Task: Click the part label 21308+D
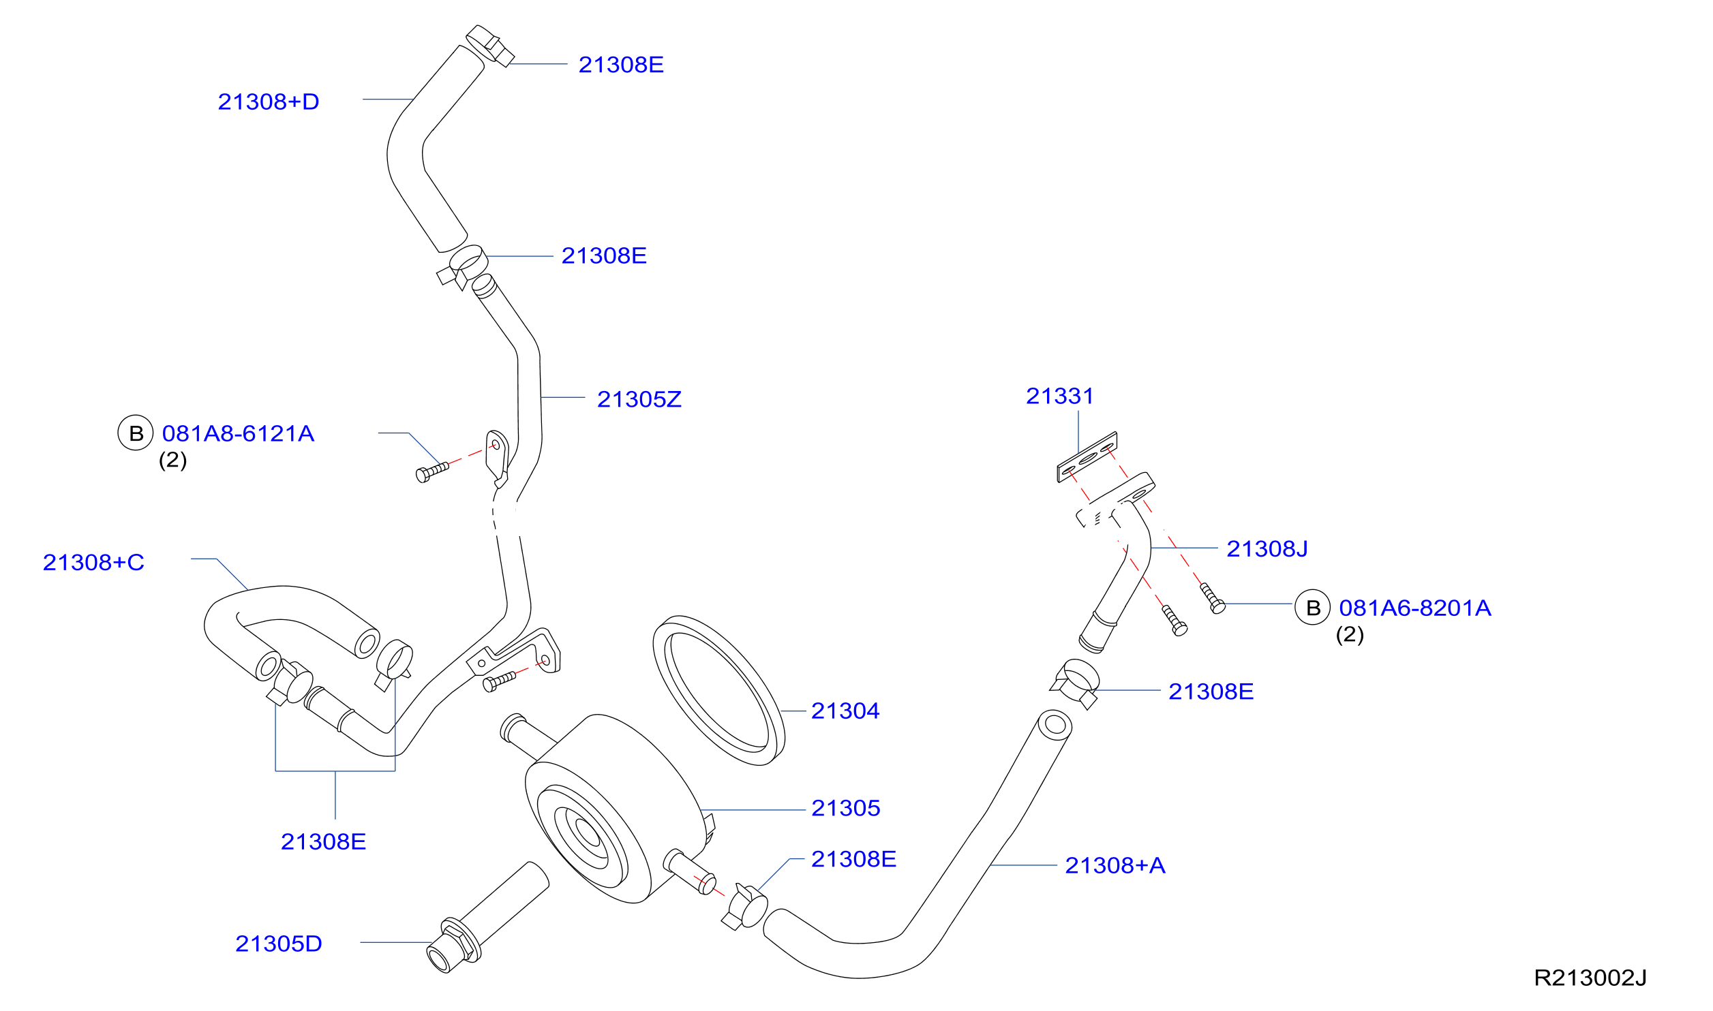point(269,102)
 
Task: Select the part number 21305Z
point(639,399)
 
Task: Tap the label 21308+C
point(93,563)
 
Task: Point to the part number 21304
point(845,711)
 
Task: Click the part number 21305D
point(278,944)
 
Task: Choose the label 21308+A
point(1115,866)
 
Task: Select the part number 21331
point(1059,396)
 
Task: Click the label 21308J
point(1267,549)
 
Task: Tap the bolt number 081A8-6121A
point(238,434)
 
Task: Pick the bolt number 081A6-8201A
point(1414,608)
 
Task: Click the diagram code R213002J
point(1590,978)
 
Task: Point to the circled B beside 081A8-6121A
point(136,433)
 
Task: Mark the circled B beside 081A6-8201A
point(1312,608)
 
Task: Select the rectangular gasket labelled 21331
point(1087,457)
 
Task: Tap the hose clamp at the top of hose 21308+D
point(490,46)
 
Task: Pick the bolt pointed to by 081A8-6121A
point(432,472)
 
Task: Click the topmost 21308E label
point(620,65)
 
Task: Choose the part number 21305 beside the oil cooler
point(845,809)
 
